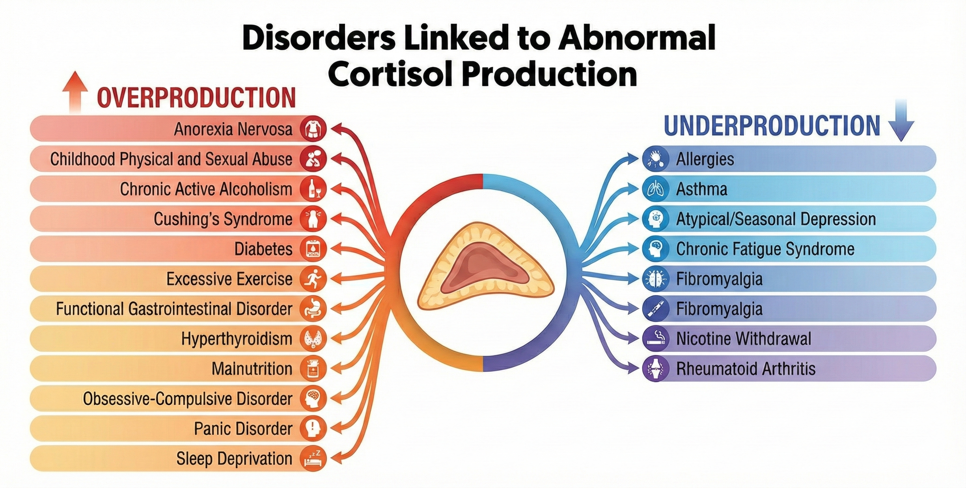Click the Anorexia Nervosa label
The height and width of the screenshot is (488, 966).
(233, 129)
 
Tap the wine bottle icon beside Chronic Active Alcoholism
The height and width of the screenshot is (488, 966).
(313, 189)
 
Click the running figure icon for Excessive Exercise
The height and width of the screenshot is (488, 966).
(313, 278)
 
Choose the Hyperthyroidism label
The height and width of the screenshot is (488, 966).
(237, 339)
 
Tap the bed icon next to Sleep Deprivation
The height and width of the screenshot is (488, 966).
(313, 458)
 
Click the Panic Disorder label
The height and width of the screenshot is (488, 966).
(243, 428)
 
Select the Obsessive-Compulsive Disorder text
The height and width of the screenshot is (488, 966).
(187, 398)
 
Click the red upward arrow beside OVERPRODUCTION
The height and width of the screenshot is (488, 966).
(75, 92)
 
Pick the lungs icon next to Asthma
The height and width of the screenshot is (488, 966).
(655, 189)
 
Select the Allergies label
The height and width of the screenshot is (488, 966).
(705, 159)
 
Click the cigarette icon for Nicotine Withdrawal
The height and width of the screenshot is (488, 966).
(655, 338)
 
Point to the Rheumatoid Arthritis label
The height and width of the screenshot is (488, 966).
(745, 369)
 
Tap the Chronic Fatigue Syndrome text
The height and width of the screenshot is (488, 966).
(765, 249)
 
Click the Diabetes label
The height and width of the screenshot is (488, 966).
(263, 249)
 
